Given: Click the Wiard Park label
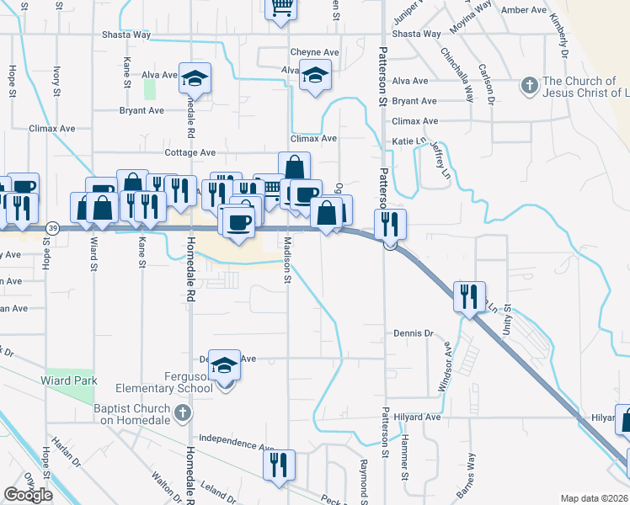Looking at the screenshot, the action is coord(69,380).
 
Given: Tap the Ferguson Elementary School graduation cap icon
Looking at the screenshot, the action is coord(224,365).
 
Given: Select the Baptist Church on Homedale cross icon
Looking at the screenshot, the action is coord(184,412).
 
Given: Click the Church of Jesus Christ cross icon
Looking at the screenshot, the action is coord(529,85).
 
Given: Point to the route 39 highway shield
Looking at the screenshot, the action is coord(53,228).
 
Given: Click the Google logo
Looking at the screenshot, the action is coord(29,495).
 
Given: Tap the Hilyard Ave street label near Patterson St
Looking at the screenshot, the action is coord(421,417).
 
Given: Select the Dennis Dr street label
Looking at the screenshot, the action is coord(413,333).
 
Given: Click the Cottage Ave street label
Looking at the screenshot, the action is coord(190,153).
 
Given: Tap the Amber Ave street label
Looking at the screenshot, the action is coord(523,10).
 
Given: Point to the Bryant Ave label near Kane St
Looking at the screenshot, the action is coord(141,110).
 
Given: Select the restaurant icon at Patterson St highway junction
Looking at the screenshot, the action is coord(390,223).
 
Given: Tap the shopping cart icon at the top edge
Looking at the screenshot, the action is coord(281,8).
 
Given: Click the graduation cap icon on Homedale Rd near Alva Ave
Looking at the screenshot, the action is coord(195,79).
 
